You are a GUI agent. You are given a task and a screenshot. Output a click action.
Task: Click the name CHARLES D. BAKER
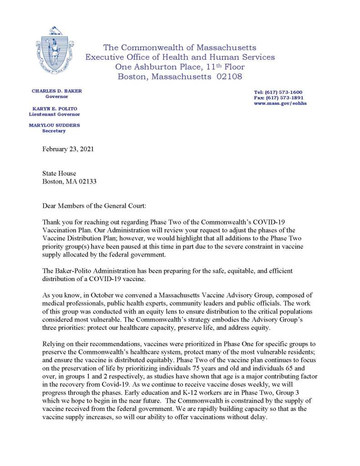[x=57, y=91]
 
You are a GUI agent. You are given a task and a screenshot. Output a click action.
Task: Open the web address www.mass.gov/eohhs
[x=278, y=103]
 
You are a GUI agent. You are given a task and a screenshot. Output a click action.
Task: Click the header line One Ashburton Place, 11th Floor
[x=180, y=67]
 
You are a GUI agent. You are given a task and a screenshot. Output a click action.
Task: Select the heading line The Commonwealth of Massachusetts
[x=180, y=47]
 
